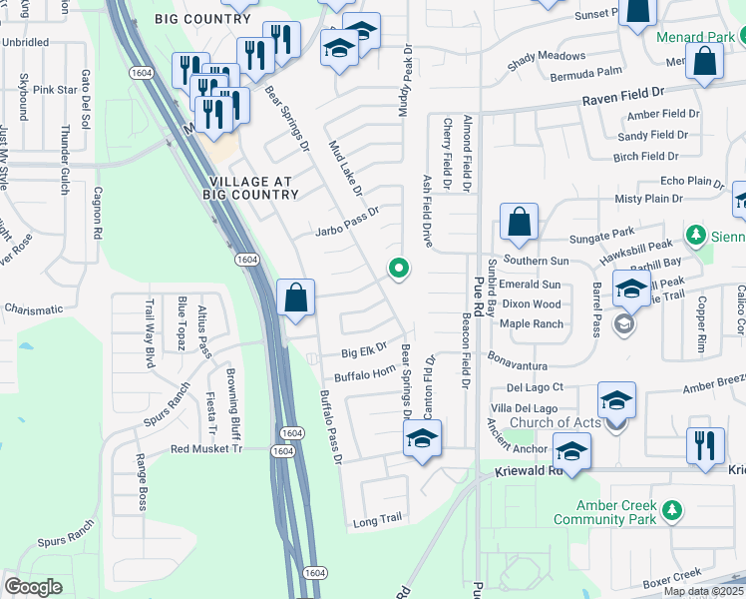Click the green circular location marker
click(399, 268)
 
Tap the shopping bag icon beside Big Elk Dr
click(296, 299)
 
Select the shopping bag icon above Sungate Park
click(519, 224)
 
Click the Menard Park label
click(695, 37)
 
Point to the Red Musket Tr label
click(206, 449)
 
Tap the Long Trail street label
click(377, 520)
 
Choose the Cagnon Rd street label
click(98, 213)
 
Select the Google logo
click(33, 587)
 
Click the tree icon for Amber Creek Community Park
click(673, 511)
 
